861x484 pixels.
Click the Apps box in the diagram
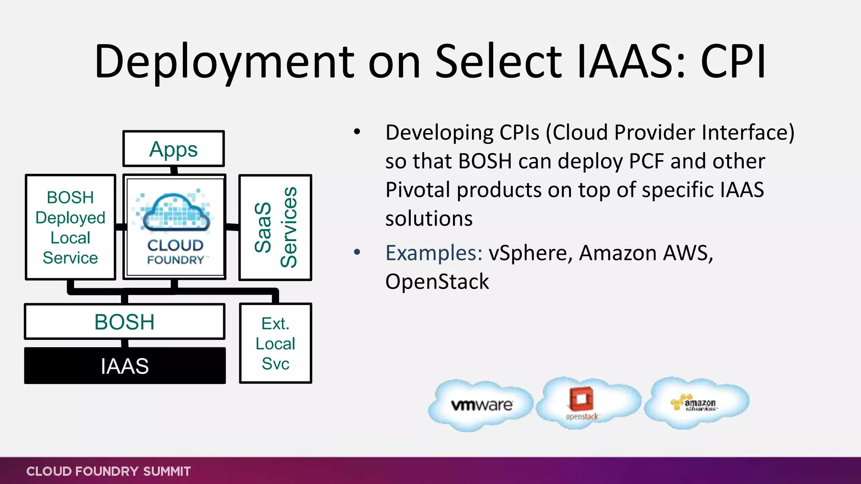pos(173,149)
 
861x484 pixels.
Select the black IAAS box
pos(125,366)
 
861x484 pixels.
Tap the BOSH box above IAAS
pos(125,322)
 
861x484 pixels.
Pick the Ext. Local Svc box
pos(275,343)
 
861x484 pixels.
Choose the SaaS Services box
pos(275,227)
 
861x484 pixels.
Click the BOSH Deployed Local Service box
pos(70,227)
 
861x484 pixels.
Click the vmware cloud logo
pos(481,405)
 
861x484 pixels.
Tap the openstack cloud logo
pos(582,402)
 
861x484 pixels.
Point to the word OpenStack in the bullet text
pos(437,281)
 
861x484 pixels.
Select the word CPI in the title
pos(733,62)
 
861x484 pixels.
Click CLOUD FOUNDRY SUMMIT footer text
pos(108,471)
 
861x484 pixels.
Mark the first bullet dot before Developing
pos(357,132)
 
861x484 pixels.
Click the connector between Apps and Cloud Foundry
pos(174,171)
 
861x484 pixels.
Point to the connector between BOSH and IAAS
pos(125,343)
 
